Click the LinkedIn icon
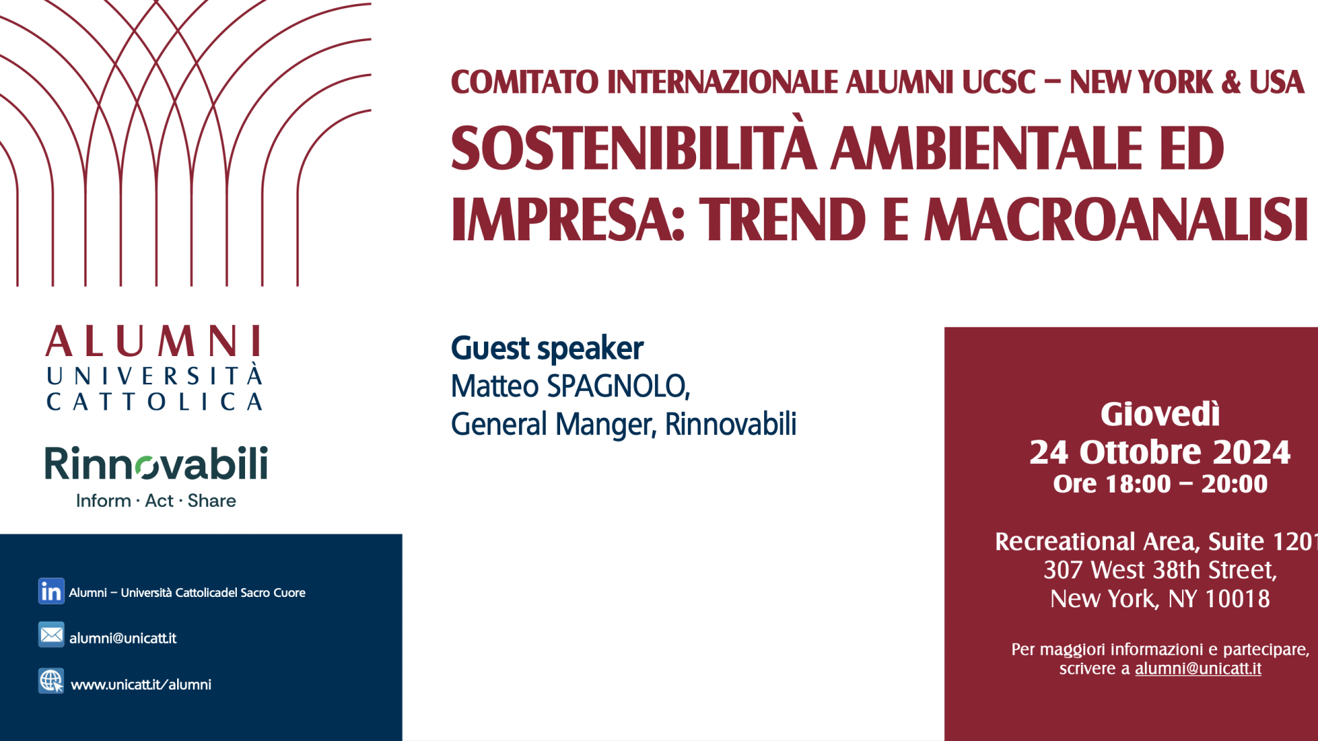click(51, 591)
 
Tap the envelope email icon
click(51, 635)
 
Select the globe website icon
click(51, 681)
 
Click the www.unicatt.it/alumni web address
click(141, 685)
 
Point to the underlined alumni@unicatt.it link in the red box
click(1198, 668)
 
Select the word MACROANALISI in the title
click(1116, 220)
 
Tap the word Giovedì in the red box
click(1160, 414)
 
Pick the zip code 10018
click(1238, 599)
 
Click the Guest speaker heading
click(547, 349)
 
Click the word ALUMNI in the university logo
click(154, 341)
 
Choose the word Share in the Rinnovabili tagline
click(212, 501)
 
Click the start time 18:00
click(1137, 484)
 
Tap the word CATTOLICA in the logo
click(154, 401)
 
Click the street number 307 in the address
click(1063, 570)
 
